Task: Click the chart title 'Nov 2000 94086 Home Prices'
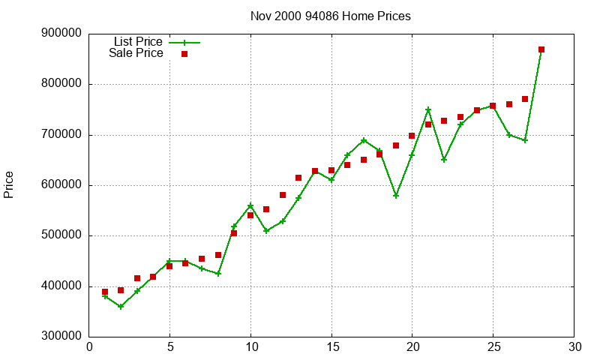pos(331,16)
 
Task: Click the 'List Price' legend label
pos(138,42)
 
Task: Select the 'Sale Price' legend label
pos(136,53)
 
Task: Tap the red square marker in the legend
pos(184,54)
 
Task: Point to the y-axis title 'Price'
pos(9,184)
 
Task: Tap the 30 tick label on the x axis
pos(574,347)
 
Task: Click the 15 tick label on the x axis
pos(331,347)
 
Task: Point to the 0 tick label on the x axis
pos(89,347)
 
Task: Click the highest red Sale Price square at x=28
pos(541,49)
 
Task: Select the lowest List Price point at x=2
pos(121,307)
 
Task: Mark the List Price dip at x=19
pos(396,195)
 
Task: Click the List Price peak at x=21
pos(428,109)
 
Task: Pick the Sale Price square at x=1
pos(105,292)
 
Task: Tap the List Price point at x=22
pos(444,160)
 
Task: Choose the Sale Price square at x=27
pos(525,99)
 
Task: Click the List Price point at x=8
pos(218,274)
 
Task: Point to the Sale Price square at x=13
pos(298,178)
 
